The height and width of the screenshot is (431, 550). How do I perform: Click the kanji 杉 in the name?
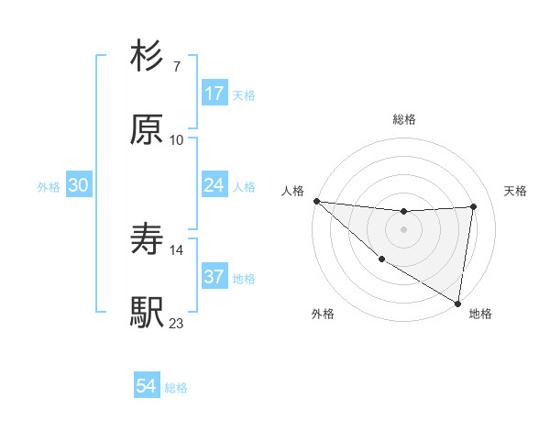147,57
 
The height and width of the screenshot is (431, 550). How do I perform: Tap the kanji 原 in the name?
147,130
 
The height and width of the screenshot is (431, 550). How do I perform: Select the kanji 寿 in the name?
147,240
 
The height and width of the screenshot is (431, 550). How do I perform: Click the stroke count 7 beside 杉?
176,66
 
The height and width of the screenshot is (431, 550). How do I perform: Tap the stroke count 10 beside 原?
176,139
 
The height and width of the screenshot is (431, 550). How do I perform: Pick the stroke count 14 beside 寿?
176,249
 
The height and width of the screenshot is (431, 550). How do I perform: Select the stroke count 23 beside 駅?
176,323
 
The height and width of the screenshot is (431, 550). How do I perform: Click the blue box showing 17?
214,94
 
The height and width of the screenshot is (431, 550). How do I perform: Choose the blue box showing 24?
214,185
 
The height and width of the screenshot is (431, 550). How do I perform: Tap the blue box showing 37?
214,277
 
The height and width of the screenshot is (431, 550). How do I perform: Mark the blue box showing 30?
79,185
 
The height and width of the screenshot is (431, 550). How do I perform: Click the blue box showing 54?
147,386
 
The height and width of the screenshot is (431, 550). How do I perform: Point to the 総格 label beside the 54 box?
176,388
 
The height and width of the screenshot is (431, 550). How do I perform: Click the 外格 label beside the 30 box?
49,187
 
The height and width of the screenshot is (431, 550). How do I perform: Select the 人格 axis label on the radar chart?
292,191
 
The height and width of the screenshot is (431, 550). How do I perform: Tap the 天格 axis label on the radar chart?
515,191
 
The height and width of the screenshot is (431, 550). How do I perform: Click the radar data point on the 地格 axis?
458,302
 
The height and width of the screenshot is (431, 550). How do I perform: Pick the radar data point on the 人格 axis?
316,201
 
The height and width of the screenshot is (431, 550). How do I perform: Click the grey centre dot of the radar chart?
403,229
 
